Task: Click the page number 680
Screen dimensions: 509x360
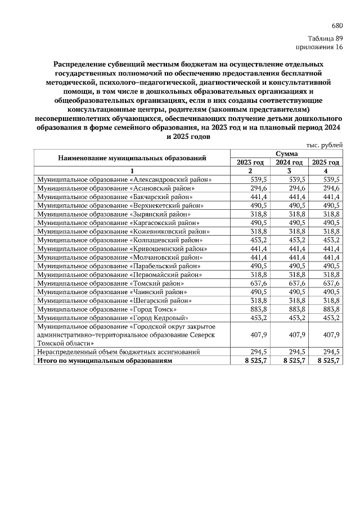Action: coord(337,26)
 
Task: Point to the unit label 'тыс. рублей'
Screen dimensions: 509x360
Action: coord(325,145)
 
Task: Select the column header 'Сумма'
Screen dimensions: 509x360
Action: coord(286,154)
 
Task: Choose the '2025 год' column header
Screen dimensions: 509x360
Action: coord(326,162)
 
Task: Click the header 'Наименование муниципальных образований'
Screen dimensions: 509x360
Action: coord(132,158)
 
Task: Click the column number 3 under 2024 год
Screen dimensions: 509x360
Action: coord(289,171)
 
